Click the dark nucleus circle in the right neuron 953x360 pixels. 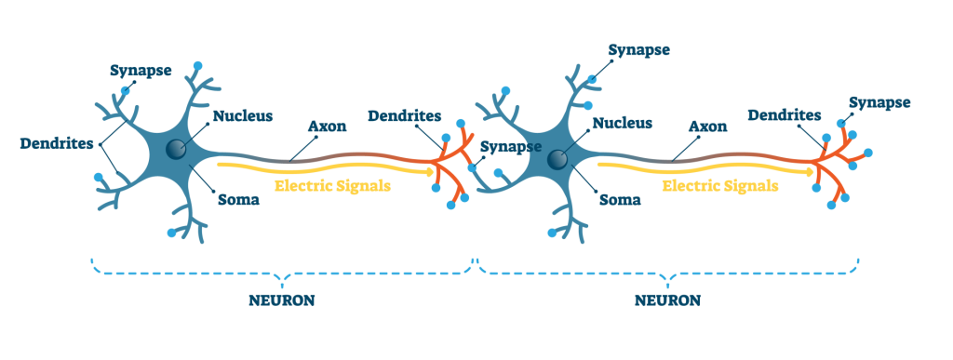tap(557, 159)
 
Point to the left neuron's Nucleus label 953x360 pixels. tap(242, 116)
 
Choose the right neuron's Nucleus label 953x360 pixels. tap(622, 122)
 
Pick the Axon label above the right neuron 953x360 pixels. tap(706, 126)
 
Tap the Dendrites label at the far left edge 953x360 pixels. tap(57, 144)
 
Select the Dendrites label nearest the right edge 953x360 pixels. tap(785, 115)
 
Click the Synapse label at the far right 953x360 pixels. tap(879, 101)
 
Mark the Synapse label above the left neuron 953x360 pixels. tap(141, 70)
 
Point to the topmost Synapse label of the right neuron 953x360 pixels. tap(639, 48)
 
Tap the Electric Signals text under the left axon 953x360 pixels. tap(332, 185)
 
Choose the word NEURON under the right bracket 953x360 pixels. tap(667, 301)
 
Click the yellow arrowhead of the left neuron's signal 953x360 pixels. tap(429, 171)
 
